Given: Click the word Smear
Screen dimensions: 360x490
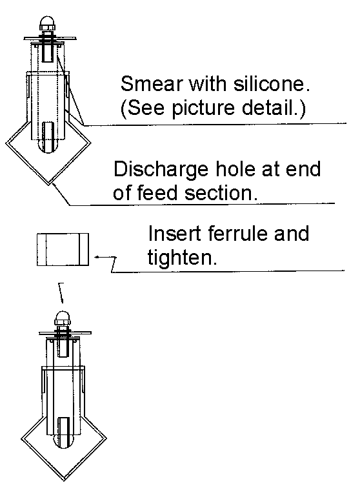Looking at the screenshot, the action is pos(151,84).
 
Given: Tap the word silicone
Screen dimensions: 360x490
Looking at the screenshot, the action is pos(272,84).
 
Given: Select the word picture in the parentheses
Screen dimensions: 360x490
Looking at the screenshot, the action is pos(203,108).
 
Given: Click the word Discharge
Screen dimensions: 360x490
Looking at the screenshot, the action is pos(161,169).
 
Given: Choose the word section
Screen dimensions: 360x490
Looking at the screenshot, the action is pos(221,193).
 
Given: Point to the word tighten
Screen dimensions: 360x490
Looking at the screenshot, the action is pos(182,258).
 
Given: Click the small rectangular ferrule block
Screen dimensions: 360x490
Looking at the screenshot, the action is pos(63,249).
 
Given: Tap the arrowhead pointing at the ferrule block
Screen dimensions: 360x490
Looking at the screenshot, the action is pos(97,257).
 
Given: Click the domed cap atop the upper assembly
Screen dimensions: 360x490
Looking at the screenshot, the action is pos(48,23).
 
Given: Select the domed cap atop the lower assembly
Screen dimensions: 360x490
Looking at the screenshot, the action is pos(63,318).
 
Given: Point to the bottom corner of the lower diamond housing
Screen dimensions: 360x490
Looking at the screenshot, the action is pos(65,480).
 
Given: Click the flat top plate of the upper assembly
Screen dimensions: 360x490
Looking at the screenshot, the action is pos(50,39).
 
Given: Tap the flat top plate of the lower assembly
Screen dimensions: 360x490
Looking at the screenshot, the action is pos(65,333).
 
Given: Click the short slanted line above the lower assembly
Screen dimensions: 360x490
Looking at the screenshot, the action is pos(61,293).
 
